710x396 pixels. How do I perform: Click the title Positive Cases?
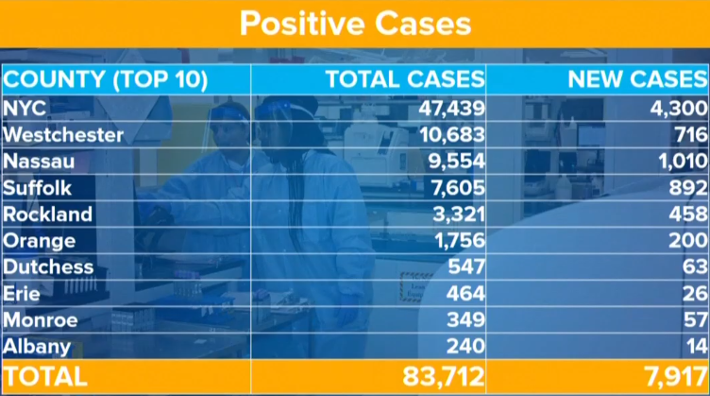[x=355, y=24]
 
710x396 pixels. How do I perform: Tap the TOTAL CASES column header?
[x=405, y=78]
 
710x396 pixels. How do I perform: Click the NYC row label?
[x=25, y=108]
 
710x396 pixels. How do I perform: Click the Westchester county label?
[x=63, y=134]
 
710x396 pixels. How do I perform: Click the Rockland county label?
[x=48, y=214]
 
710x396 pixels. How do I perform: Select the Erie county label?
[x=21, y=293]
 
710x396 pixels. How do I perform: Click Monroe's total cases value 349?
[x=462, y=319]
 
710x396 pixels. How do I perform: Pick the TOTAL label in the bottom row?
[x=45, y=376]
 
